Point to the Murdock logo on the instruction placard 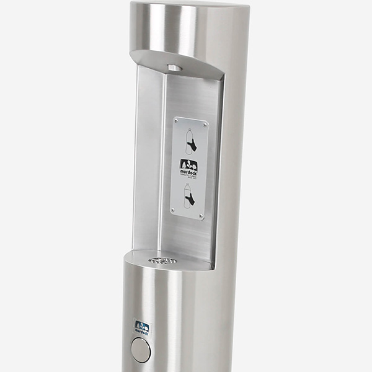pyautogui.click(x=189, y=165)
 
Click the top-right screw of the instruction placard pyautogui.click(x=206, y=125)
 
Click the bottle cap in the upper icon pyautogui.click(x=189, y=131)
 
